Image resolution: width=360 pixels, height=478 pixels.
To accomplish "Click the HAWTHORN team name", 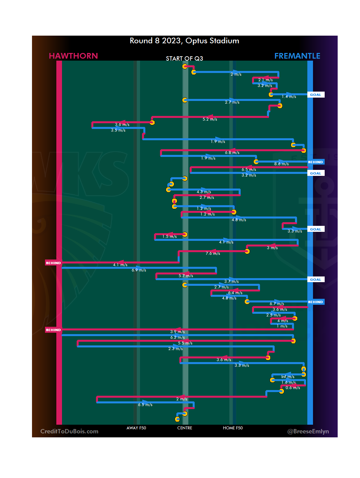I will click(x=73, y=56).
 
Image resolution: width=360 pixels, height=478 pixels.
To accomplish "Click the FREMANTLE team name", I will click(x=297, y=56).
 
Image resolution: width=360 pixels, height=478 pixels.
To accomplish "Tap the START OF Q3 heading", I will click(x=184, y=59).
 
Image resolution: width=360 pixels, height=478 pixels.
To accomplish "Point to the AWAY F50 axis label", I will click(x=136, y=428).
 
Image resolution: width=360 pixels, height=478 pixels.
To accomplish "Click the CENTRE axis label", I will click(x=185, y=428).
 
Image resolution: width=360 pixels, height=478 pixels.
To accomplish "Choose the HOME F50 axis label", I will click(x=233, y=428).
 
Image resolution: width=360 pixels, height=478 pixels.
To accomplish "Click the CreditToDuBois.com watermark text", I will click(x=69, y=431).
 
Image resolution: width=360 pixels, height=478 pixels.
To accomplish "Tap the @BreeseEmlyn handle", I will click(x=308, y=431).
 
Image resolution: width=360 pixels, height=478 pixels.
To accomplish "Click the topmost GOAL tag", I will click(x=315, y=95).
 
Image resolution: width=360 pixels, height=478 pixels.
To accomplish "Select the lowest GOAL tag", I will click(x=315, y=280).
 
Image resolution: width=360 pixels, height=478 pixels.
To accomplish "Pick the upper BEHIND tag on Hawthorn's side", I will click(x=53, y=263).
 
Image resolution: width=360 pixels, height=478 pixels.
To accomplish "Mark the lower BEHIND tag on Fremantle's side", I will click(x=315, y=302).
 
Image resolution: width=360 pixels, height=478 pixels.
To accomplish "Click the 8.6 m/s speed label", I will click(x=281, y=164).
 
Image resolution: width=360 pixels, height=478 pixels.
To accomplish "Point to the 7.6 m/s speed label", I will click(x=213, y=253).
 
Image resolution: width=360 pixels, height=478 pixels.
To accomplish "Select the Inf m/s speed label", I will click(x=288, y=377).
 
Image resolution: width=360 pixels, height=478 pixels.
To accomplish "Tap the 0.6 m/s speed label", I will click(x=293, y=388).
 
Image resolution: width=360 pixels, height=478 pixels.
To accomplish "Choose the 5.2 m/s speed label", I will click(x=210, y=119).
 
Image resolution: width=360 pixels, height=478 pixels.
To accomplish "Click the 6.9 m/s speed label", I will click(x=139, y=270).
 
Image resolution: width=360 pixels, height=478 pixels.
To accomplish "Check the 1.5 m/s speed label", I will click(x=169, y=237).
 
